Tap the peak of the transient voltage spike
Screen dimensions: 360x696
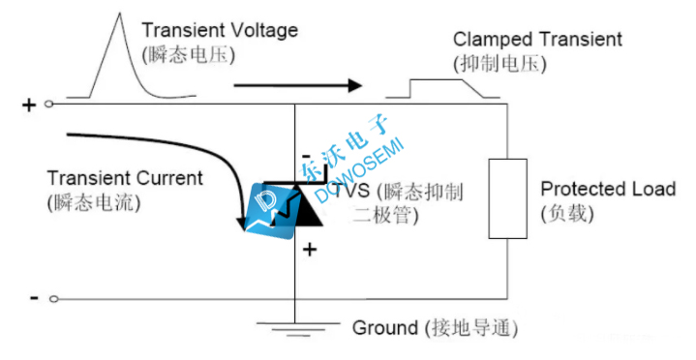tap(119, 16)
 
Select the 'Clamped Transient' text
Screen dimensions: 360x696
tap(537, 40)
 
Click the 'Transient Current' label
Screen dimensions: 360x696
tap(125, 178)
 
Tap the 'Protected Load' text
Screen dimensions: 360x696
tap(608, 189)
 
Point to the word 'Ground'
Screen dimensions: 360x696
tap(384, 327)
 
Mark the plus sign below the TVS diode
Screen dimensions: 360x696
tap(311, 250)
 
